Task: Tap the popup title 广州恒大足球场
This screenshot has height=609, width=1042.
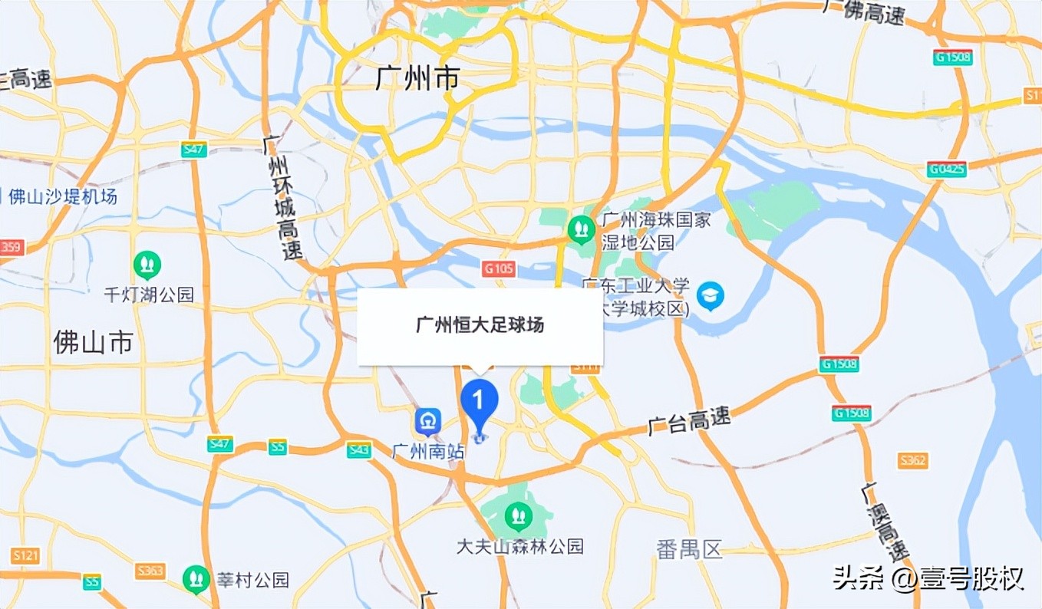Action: tap(480, 325)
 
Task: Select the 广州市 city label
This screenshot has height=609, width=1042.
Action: tap(417, 77)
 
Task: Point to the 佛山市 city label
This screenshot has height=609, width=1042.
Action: tap(93, 341)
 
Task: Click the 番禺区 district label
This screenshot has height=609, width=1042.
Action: tap(690, 549)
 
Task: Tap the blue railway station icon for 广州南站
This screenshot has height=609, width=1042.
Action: tap(427, 421)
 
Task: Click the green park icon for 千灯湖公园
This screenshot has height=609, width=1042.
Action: tap(147, 265)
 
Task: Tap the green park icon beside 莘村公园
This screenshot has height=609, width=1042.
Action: tap(196, 578)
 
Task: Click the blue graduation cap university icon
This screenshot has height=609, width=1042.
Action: tap(710, 295)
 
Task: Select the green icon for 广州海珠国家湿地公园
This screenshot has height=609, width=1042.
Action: tap(580, 228)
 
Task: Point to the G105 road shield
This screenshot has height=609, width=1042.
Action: tap(499, 268)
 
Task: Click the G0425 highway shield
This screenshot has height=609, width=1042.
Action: tap(946, 170)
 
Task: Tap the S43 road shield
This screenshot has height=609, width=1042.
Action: tap(358, 450)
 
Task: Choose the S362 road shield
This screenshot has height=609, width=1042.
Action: tap(913, 460)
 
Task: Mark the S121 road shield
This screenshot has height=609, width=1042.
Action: tap(26, 555)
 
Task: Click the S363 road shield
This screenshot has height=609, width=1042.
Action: tap(150, 571)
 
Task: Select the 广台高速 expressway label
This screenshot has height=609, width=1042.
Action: tap(689, 420)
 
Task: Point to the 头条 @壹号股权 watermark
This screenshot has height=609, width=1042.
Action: tap(928, 578)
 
